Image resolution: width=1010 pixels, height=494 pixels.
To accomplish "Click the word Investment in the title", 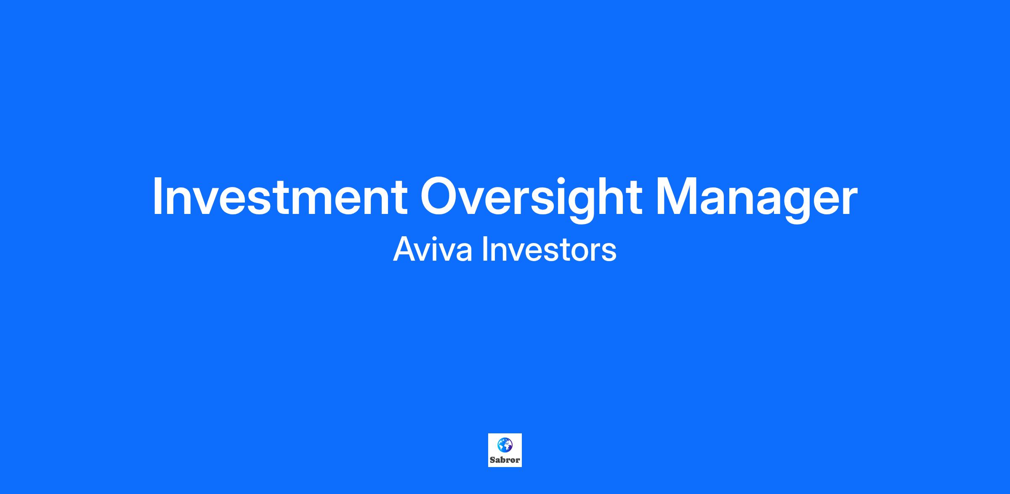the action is [x=280, y=196].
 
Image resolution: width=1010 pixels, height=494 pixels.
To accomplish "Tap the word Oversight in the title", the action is [x=531, y=199].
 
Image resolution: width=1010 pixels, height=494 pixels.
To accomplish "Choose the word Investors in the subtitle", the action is [x=549, y=250].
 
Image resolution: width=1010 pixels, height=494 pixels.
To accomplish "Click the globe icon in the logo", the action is [x=505, y=445].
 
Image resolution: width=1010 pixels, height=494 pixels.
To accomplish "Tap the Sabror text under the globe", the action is [x=505, y=460].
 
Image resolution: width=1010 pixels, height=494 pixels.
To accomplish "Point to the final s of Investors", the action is [x=609, y=253].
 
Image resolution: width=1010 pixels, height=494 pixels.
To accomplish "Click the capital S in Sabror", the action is [x=492, y=460].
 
